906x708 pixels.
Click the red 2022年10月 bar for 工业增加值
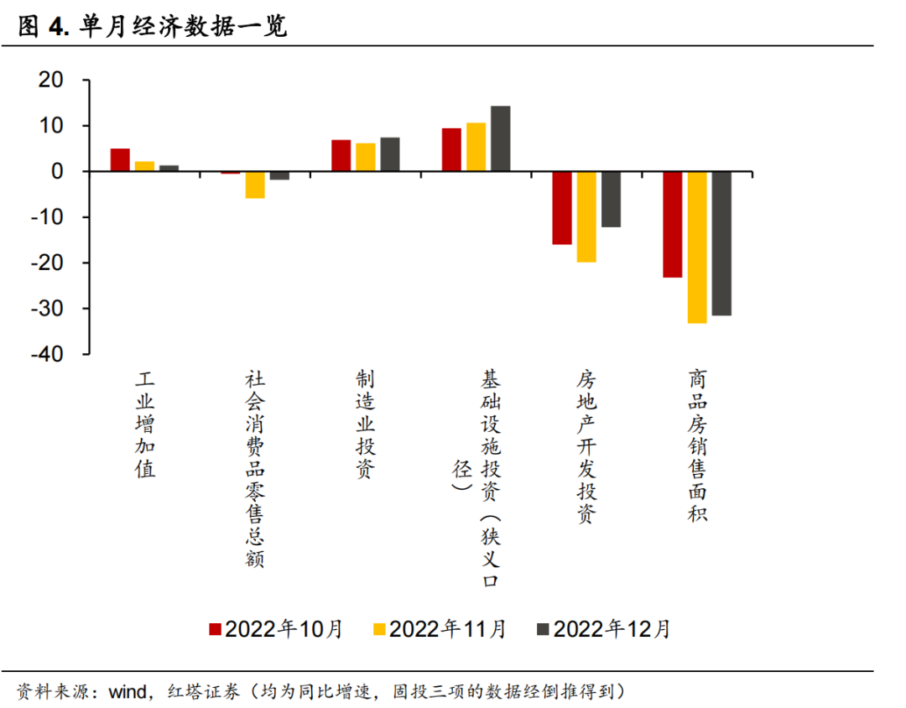point(120,159)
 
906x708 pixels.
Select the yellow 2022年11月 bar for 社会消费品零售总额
point(255,185)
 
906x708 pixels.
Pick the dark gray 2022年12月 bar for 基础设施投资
point(501,138)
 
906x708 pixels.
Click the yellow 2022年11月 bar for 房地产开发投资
point(586,216)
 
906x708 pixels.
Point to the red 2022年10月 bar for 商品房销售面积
point(673,224)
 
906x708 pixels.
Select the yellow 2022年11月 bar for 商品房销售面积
point(697,247)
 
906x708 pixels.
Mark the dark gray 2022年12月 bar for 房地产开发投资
point(611,199)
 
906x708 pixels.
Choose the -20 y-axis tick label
point(47,263)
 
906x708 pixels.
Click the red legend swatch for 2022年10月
point(215,629)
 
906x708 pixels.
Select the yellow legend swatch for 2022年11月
point(378,629)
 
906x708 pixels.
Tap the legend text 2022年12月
point(612,629)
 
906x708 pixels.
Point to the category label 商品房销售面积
point(696,445)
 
